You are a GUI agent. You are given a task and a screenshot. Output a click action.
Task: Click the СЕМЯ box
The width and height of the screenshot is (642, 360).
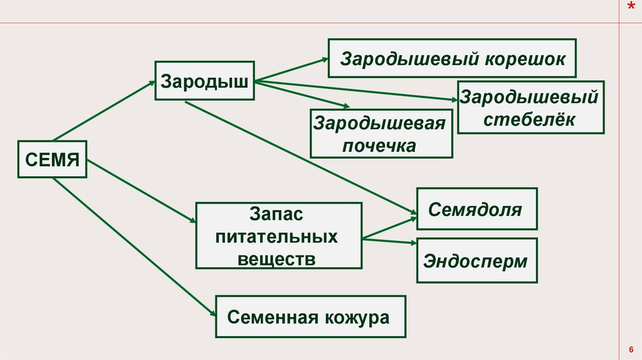click(52, 159)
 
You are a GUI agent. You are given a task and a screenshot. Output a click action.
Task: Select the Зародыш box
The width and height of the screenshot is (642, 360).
click(204, 80)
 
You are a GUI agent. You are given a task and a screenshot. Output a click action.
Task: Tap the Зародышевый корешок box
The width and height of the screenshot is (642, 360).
click(453, 58)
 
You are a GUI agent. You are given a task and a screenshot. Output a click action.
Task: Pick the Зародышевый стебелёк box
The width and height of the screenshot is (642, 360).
click(530, 107)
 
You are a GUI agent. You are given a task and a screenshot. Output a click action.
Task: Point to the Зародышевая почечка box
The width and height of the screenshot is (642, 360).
click(381, 134)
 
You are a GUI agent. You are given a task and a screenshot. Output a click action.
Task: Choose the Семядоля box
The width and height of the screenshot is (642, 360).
click(476, 209)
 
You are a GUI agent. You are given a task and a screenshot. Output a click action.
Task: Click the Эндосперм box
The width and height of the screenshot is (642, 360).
click(476, 260)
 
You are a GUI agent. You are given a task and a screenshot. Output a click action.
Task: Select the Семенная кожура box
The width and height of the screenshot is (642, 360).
click(309, 317)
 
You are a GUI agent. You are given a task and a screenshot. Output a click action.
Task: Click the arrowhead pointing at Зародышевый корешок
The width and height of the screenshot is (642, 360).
click(324, 59)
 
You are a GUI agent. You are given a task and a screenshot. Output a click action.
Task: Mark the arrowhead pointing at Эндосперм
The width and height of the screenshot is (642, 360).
click(412, 242)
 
